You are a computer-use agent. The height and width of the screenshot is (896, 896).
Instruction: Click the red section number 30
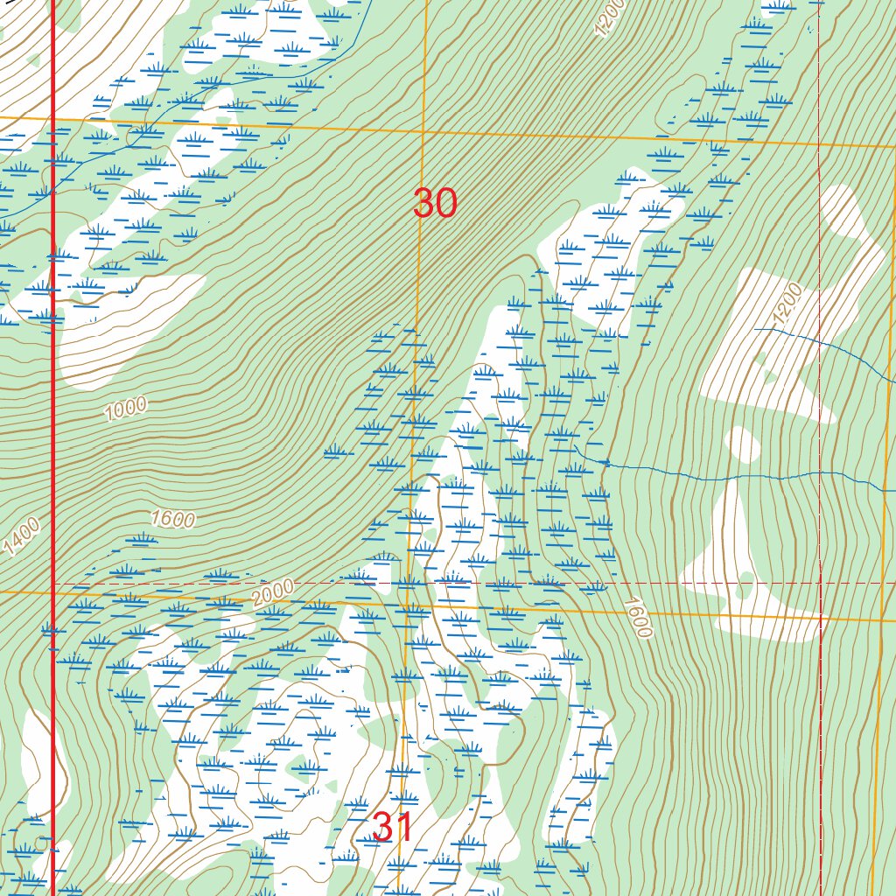(x=435, y=204)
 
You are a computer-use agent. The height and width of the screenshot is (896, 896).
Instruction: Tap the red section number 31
(x=392, y=827)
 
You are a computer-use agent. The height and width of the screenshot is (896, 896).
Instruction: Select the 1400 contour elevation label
(x=22, y=536)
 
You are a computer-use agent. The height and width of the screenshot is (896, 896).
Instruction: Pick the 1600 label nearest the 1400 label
(x=172, y=519)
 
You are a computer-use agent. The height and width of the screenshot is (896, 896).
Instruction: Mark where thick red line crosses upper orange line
(x=53, y=118)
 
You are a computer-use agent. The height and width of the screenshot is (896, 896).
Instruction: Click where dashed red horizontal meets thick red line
(x=53, y=583)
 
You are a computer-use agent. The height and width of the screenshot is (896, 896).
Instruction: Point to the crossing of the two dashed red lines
(x=821, y=583)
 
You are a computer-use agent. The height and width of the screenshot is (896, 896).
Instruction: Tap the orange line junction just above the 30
(x=423, y=131)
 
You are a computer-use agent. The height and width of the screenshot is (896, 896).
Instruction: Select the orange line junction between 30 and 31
(x=408, y=601)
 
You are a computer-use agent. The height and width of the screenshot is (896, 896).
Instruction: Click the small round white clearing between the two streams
(x=744, y=444)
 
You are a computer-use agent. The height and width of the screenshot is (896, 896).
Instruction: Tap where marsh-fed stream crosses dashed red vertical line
(x=821, y=474)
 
